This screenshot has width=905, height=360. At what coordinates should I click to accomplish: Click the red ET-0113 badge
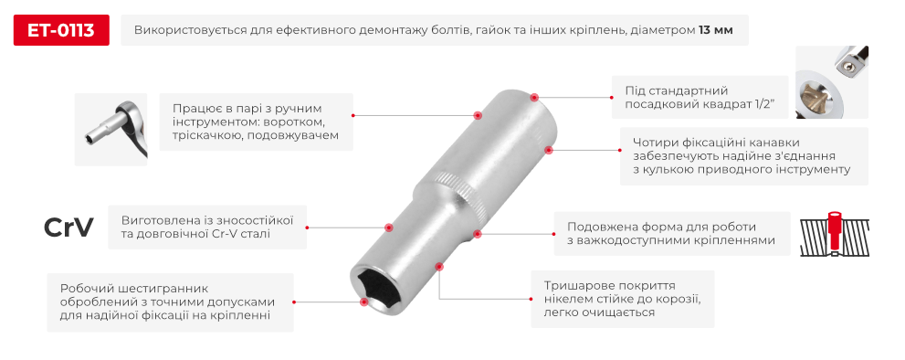click(x=61, y=31)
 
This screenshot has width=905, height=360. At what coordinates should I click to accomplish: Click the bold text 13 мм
click(x=716, y=31)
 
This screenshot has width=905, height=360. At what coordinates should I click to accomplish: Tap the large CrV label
click(x=68, y=228)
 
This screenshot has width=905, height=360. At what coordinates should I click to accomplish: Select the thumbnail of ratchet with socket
click(x=111, y=129)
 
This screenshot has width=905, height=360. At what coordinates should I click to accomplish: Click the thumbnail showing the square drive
click(x=831, y=82)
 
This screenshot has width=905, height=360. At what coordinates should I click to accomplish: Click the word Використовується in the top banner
click(x=192, y=31)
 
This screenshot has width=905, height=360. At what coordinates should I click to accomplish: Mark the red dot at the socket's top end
click(x=534, y=95)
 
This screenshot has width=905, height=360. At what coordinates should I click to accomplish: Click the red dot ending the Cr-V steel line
click(x=389, y=228)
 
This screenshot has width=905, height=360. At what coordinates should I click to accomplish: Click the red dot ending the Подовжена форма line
click(x=476, y=234)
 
